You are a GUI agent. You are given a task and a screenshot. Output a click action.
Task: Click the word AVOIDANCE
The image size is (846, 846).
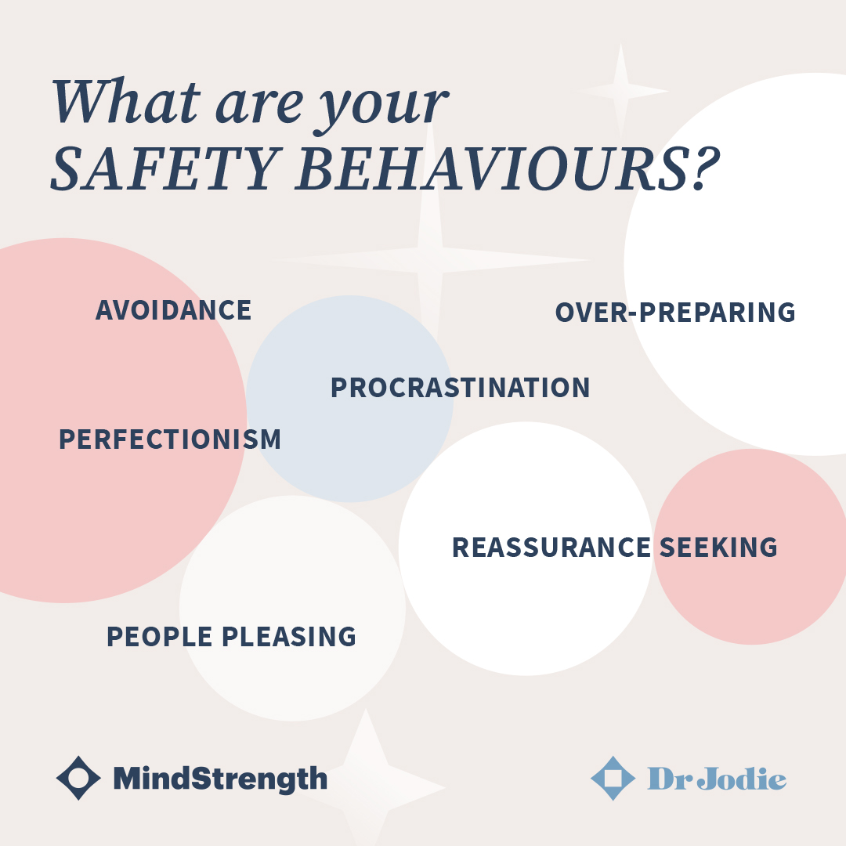[x=173, y=310]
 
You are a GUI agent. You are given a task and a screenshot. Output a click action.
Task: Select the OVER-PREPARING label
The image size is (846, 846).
[x=675, y=313]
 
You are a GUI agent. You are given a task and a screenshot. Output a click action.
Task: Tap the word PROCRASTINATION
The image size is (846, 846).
[x=460, y=388]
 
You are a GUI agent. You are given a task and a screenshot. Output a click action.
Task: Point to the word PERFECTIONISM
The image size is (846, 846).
[x=170, y=439]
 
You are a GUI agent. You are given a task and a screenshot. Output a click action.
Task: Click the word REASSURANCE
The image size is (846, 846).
[x=551, y=548]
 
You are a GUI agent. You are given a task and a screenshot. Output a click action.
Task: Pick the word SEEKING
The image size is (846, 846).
[x=718, y=548]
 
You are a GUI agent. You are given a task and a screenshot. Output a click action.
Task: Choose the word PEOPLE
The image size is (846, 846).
[x=159, y=637]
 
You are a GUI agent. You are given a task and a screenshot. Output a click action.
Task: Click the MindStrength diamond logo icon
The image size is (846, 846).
[x=78, y=778]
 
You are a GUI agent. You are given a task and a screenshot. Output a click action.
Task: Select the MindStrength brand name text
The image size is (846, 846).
[x=220, y=779]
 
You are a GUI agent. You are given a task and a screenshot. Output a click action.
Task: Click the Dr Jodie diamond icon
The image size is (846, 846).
[x=613, y=778]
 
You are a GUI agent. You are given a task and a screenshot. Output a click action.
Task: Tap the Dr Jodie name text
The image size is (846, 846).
[x=717, y=779]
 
